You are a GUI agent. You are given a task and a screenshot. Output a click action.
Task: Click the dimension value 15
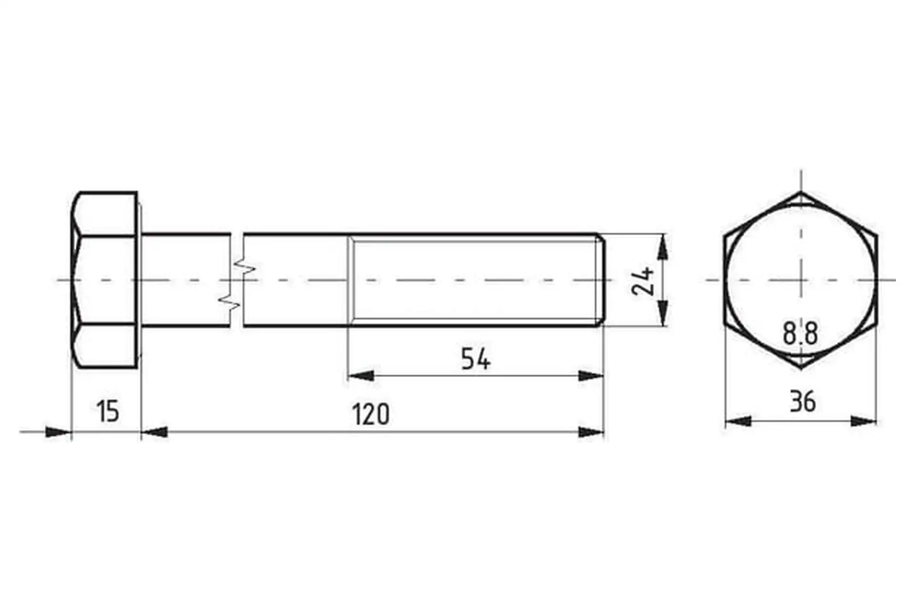tap(108, 412)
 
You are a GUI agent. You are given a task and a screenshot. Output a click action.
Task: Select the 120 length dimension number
tap(371, 414)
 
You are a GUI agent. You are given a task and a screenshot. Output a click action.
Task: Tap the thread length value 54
tap(476, 359)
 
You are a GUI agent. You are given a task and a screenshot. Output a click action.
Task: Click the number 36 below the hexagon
tap(803, 401)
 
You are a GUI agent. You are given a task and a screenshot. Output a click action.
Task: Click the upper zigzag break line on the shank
tap(244, 267)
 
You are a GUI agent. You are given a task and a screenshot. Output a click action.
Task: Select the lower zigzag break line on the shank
tap(229, 301)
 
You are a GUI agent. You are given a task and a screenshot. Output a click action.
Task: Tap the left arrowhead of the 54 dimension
tap(361, 376)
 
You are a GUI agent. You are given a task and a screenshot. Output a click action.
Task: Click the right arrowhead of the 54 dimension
tap(591, 376)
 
